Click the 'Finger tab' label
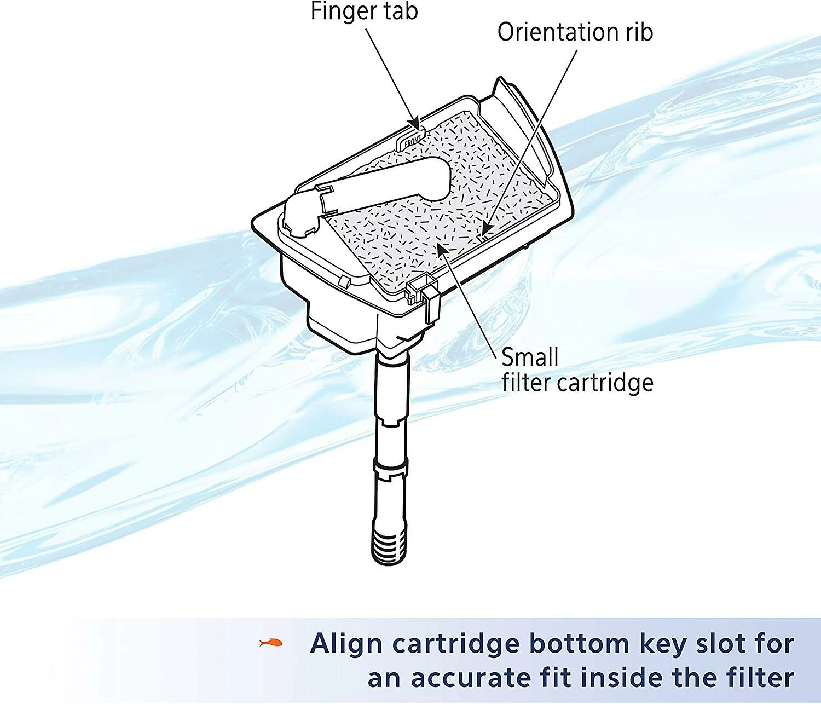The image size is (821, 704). pos(364,11)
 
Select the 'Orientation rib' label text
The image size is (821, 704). pos(575,32)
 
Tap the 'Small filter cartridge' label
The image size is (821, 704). pos(577,370)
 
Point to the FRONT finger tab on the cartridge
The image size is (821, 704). pos(411,140)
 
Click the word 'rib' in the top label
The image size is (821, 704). pos(639,32)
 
